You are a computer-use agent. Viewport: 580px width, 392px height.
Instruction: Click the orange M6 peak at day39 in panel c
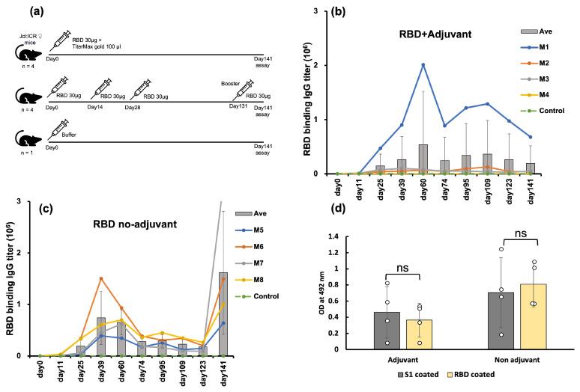coord(101,279)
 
